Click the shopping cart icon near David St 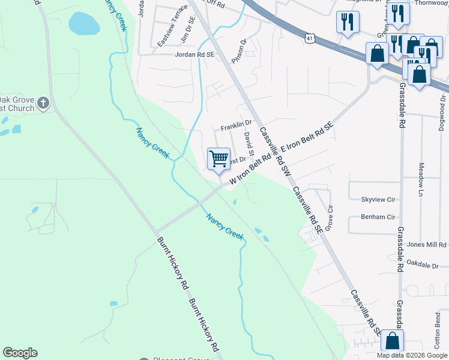(219, 159)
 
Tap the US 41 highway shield (308, 37)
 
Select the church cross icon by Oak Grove (43, 103)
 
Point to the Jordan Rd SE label (194, 54)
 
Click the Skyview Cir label (378, 199)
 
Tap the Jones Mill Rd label (426, 245)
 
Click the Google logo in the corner (20, 353)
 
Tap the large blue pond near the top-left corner (85, 23)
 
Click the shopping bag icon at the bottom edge (392, 341)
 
